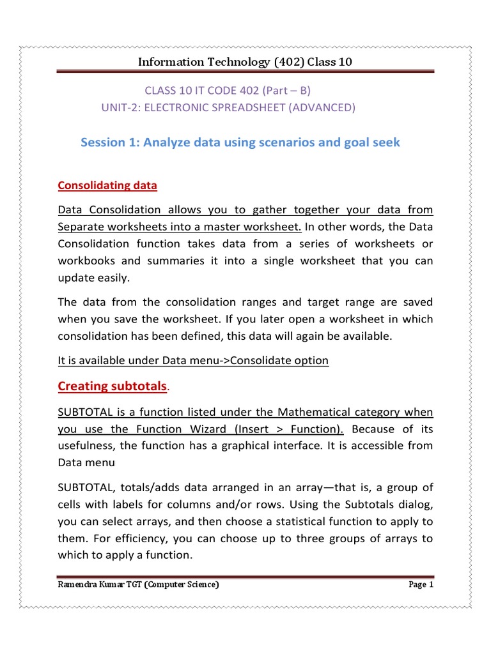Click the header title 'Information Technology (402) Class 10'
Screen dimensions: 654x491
click(x=245, y=62)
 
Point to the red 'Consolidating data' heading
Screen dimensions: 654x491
click(x=107, y=185)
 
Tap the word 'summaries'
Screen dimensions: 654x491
click(x=170, y=261)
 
